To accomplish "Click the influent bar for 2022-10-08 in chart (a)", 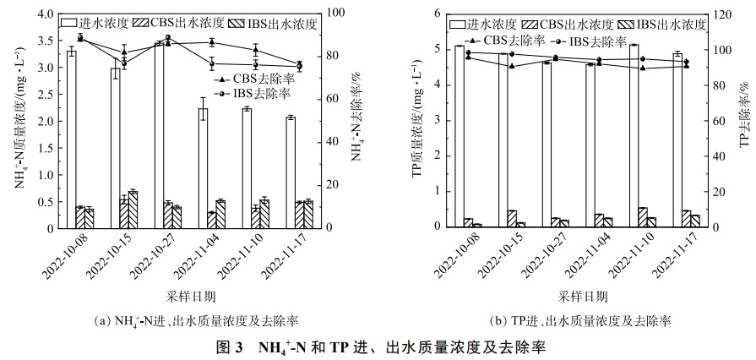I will pos(72,139).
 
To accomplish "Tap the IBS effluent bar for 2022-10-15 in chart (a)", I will pos(133,210).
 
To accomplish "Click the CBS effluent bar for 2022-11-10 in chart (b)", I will pos(643,217).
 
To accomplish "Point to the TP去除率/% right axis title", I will pos(744,118).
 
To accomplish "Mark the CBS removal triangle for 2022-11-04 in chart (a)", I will pos(211,42).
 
